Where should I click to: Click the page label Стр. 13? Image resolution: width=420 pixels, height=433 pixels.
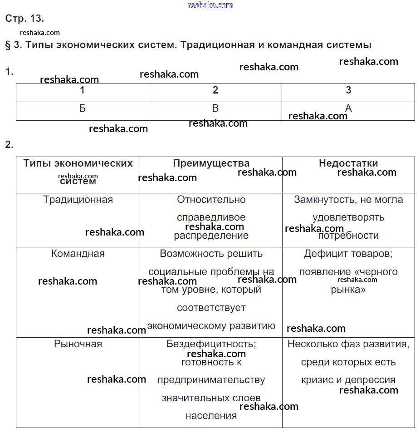point(24,19)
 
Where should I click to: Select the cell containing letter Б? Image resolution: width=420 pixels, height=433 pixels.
point(82,108)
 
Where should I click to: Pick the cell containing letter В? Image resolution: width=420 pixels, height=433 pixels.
point(215,108)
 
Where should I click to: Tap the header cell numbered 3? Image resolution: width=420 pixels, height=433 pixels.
point(348,90)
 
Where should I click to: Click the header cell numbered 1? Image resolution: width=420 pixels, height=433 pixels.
point(82,90)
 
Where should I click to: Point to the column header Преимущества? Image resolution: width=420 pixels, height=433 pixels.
point(211,163)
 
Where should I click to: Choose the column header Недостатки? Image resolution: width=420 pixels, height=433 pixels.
point(348,163)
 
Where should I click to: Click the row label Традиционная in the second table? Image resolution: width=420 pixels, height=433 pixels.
point(78,200)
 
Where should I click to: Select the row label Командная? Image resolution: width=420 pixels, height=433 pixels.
point(78,254)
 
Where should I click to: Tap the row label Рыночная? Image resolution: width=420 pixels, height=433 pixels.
point(78,344)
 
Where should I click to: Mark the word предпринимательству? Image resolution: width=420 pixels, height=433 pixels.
point(211,380)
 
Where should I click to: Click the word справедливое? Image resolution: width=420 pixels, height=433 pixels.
point(211,217)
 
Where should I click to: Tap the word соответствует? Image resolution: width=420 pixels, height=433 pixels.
point(211,308)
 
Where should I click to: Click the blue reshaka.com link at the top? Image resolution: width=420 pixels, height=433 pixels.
point(210,5)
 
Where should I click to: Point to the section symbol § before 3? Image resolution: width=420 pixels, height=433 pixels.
point(8,45)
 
